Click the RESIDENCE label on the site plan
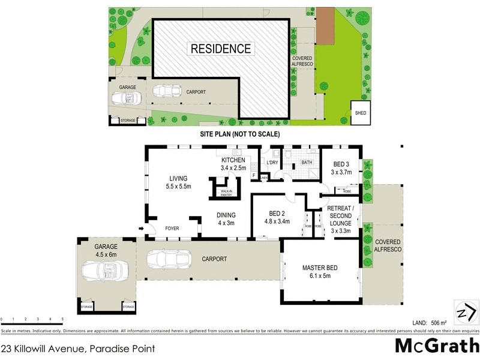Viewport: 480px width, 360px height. click(x=221, y=49)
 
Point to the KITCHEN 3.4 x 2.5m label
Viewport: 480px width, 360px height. click(x=234, y=164)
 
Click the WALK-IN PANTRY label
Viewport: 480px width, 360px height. click(x=226, y=193)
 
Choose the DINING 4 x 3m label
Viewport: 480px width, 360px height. click(x=226, y=219)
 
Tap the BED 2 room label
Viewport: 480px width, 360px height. click(x=277, y=217)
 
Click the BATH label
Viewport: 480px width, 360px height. click(x=307, y=163)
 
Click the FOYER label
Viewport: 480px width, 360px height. click(x=173, y=229)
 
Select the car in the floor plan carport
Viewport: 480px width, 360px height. click(x=165, y=260)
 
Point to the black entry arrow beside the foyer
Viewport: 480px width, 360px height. click(x=141, y=229)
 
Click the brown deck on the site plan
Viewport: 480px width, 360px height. click(x=325, y=26)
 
